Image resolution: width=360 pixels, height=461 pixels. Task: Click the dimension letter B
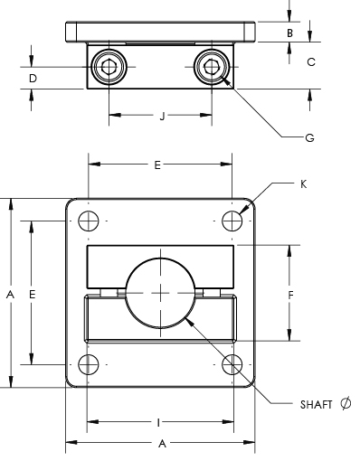(x=289, y=33)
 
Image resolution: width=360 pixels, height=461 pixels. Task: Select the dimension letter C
(x=311, y=62)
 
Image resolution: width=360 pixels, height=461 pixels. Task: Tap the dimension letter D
(x=33, y=79)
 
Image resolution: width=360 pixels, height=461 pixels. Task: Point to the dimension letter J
(x=163, y=116)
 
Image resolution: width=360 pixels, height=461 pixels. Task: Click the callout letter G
(x=310, y=138)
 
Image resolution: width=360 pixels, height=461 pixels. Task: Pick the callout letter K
(x=304, y=184)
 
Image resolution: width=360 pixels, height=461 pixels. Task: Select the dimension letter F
(x=290, y=295)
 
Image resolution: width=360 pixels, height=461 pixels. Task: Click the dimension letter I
(x=158, y=423)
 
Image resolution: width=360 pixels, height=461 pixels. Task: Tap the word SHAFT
(x=316, y=404)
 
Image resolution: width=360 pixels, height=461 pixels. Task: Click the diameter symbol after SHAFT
(x=346, y=403)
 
